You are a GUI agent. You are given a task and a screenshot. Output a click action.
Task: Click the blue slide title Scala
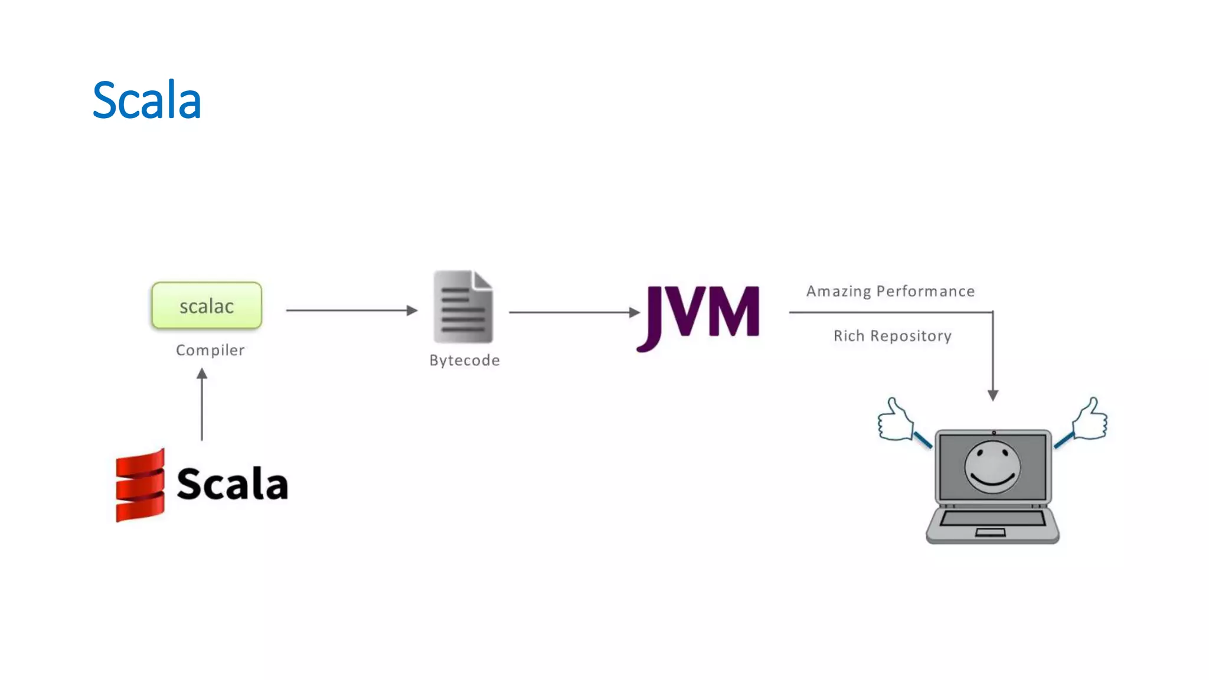(147, 100)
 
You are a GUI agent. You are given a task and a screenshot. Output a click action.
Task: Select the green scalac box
(207, 306)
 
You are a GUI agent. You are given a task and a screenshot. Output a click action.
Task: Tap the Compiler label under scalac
(210, 350)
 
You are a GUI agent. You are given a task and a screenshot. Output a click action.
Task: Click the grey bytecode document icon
(463, 306)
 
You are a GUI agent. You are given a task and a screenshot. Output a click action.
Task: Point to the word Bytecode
(465, 360)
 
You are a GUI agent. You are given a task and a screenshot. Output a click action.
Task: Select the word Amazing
(839, 292)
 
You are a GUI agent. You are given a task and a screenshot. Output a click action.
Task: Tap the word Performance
(925, 292)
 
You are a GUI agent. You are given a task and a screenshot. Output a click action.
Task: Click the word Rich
(848, 336)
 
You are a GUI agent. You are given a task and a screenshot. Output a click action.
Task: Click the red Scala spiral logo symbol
(140, 485)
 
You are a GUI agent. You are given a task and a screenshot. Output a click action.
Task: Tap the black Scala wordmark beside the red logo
(233, 484)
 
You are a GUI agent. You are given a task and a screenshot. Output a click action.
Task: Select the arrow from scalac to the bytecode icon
(352, 310)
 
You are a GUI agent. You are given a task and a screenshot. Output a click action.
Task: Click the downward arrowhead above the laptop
(993, 395)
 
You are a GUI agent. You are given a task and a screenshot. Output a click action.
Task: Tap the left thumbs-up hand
(896, 420)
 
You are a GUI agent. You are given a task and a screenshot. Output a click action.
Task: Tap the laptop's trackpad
(990, 532)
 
